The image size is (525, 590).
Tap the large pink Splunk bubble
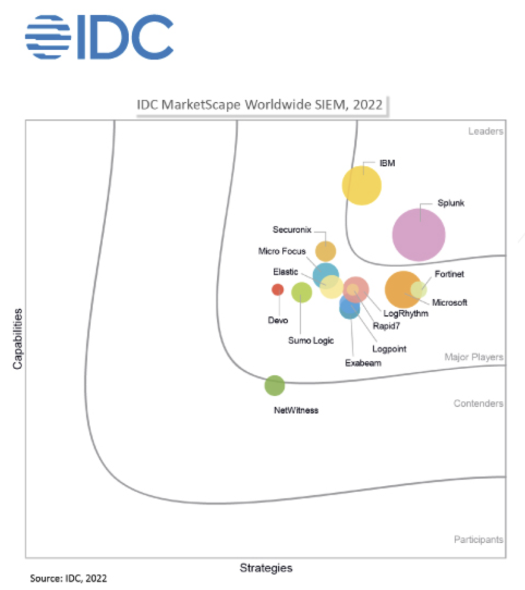click(x=419, y=234)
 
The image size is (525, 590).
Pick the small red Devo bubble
click(x=277, y=289)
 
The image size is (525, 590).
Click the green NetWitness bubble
click(x=275, y=386)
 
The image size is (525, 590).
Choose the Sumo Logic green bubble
click(x=301, y=292)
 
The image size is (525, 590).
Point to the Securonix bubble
click(x=326, y=251)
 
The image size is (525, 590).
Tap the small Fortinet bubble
click(x=419, y=289)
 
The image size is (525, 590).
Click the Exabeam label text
click(x=363, y=363)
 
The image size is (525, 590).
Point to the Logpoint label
click(x=389, y=349)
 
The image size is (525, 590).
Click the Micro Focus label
click(x=282, y=251)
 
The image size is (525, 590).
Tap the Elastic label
click(x=285, y=272)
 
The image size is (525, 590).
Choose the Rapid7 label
click(x=386, y=326)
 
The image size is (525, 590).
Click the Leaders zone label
click(x=485, y=132)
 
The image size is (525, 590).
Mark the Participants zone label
click(x=479, y=539)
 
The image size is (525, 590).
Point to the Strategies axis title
click(x=266, y=568)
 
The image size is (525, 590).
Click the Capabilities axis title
click(x=18, y=338)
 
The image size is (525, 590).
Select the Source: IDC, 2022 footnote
click(x=69, y=579)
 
